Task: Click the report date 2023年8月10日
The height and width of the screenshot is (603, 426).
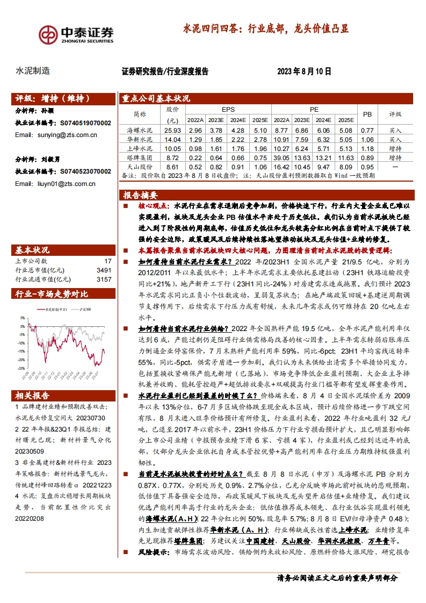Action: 304,71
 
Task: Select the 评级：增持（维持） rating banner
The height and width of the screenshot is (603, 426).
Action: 52,99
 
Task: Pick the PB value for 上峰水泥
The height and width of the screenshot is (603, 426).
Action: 367,148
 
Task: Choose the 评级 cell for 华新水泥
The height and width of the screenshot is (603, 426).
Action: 395,139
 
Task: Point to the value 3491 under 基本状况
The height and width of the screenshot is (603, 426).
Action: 104,270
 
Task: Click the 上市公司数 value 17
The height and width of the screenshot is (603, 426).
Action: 108,261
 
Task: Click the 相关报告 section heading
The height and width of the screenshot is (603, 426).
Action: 33,396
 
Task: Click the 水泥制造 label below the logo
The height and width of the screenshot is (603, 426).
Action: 33,71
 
